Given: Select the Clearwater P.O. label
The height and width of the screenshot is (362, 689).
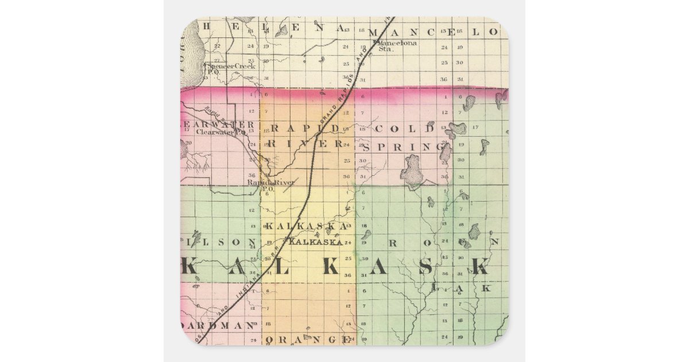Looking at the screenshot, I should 221,132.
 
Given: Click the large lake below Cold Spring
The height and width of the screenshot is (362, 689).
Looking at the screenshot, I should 411,171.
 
